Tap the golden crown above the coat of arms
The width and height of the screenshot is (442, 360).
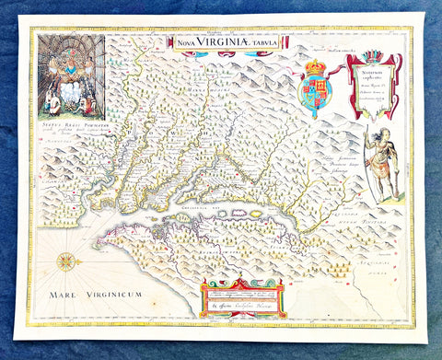click(316, 67)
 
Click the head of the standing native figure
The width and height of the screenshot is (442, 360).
click(373, 131)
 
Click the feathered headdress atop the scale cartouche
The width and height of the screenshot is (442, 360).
click(374, 56)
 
